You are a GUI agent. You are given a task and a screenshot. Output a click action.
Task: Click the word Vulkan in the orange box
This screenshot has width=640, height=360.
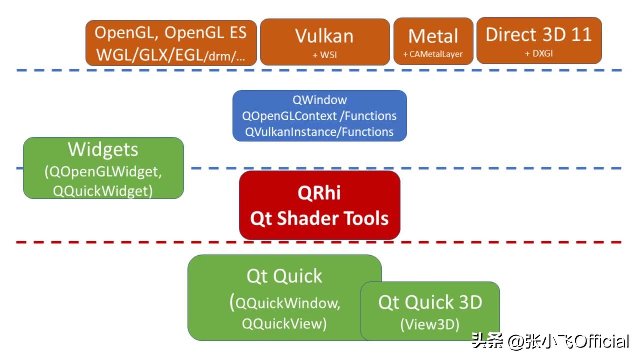click(x=324, y=36)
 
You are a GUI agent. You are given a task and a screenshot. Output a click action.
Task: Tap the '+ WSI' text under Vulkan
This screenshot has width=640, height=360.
click(x=324, y=55)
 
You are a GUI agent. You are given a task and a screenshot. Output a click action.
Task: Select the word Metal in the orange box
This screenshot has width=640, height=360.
click(x=433, y=36)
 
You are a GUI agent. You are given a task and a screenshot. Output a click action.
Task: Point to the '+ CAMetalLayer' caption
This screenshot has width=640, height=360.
click(x=433, y=55)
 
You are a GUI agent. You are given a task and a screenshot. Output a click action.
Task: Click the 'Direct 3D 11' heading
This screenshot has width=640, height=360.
click(x=538, y=34)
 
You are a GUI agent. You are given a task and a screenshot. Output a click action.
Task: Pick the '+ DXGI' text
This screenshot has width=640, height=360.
click(x=538, y=54)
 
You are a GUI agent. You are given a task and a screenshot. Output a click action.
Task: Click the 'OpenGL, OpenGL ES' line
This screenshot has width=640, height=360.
click(x=170, y=33)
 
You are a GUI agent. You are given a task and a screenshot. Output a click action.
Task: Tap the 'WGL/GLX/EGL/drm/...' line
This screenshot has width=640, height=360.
click(x=170, y=54)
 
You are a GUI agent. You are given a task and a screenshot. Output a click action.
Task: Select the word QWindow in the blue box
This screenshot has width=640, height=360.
click(x=319, y=100)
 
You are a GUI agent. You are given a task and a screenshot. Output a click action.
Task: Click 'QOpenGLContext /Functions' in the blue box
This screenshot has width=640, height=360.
click(x=319, y=116)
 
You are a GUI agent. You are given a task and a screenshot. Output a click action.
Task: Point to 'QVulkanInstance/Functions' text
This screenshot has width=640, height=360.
click(x=319, y=132)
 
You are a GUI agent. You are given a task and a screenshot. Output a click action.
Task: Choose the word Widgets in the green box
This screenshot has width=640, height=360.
click(x=103, y=149)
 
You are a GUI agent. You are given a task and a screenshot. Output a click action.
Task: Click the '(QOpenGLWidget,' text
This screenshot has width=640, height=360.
click(x=103, y=172)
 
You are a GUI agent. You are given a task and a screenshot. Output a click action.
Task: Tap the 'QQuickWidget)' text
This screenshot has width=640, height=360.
click(x=103, y=191)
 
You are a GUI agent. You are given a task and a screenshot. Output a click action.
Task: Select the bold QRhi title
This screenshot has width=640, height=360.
click(x=319, y=193)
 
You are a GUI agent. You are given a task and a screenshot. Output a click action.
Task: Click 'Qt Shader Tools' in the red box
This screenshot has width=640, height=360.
click(x=319, y=218)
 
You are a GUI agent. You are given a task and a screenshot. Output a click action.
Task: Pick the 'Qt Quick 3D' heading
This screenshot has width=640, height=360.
click(x=430, y=302)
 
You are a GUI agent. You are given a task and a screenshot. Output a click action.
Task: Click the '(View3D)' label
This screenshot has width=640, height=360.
click(x=430, y=324)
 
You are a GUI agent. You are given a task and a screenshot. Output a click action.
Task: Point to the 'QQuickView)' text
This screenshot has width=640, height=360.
click(x=284, y=323)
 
